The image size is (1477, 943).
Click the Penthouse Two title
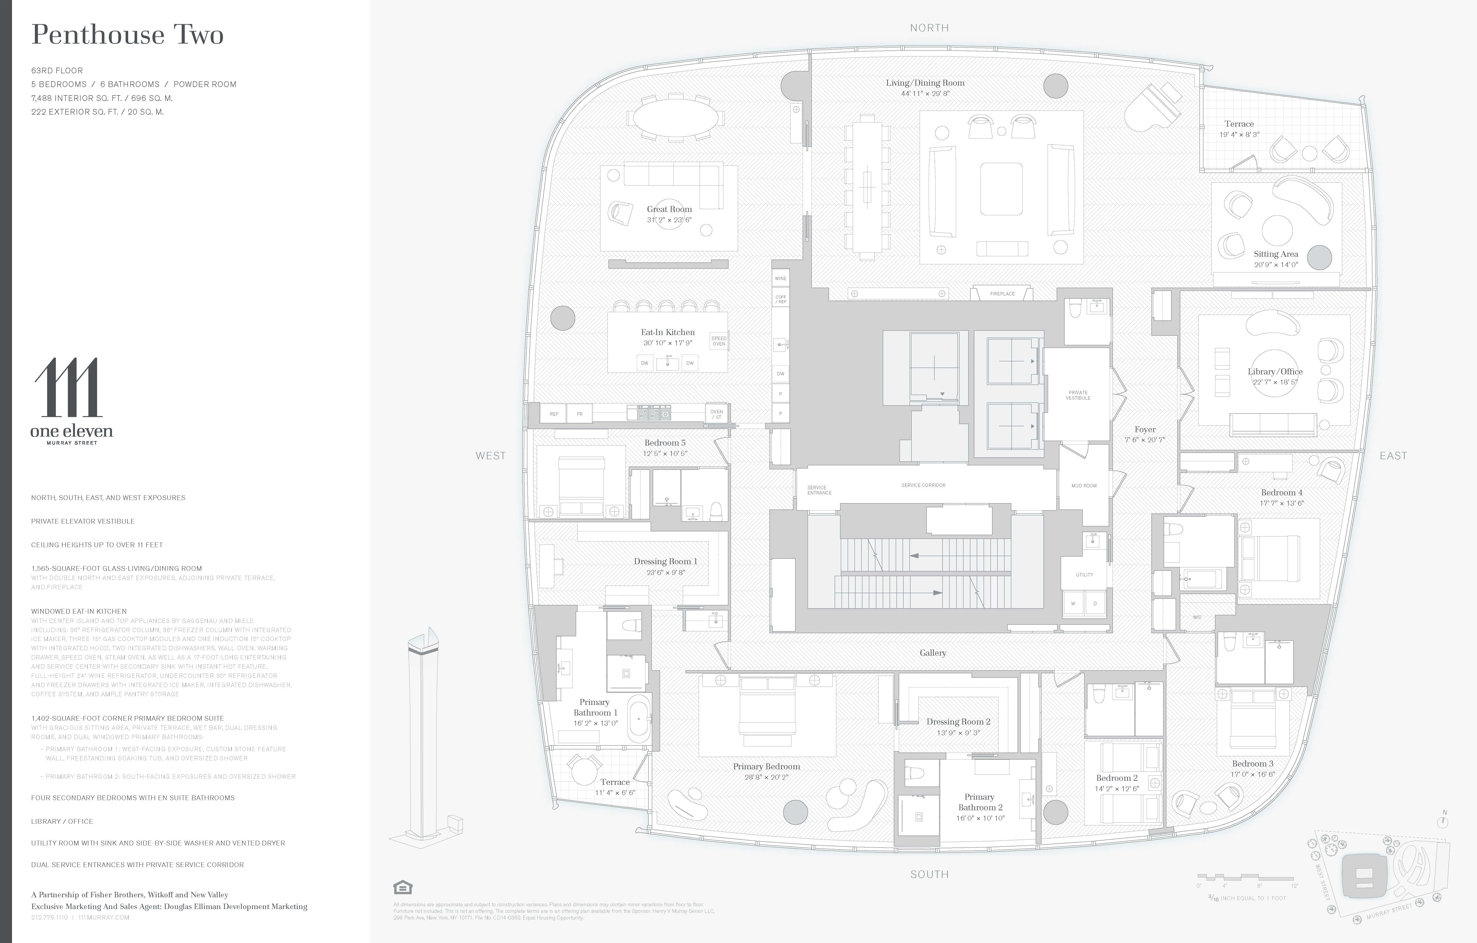127,35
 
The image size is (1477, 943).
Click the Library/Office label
1275,371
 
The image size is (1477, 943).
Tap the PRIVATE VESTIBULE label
1078,395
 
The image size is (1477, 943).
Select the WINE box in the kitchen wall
780,279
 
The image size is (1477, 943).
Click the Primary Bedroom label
766,766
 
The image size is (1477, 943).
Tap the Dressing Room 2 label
958,722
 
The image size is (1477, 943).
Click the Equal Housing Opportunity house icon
402,887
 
